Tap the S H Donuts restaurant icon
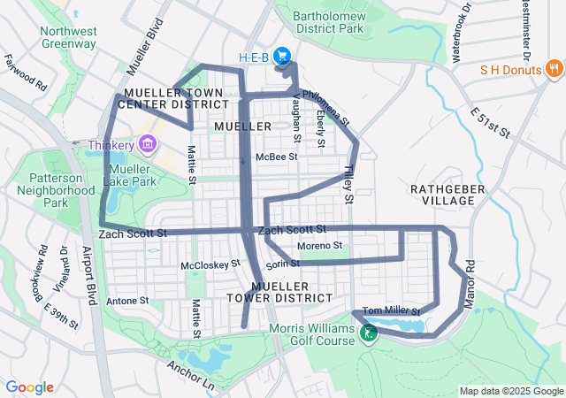coord(555,69)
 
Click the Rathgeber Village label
coord(442,195)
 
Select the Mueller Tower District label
coord(292,292)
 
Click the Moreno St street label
coord(319,245)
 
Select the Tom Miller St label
coord(391,310)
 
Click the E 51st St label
coord(492,122)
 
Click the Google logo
coord(30,387)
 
